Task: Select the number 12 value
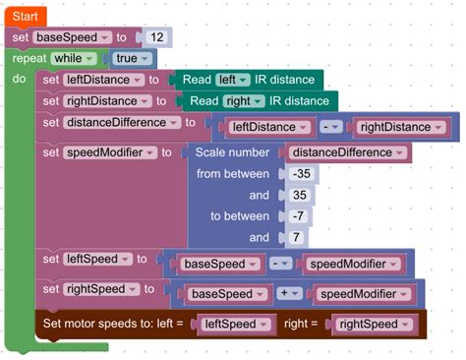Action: point(156,37)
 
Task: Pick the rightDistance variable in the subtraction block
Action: point(394,127)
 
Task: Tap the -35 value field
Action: point(301,174)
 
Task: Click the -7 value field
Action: point(297,216)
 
